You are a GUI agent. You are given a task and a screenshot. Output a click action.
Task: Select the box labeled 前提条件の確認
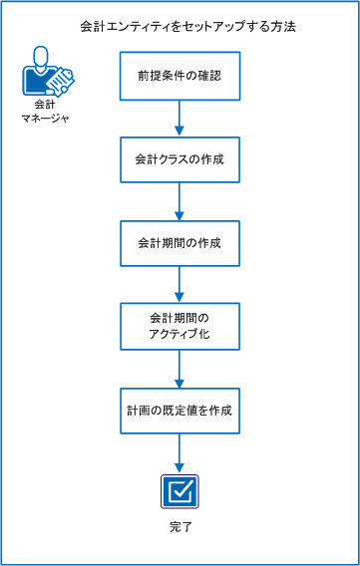[x=180, y=76]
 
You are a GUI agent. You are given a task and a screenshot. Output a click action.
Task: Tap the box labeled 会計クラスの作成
[x=180, y=158]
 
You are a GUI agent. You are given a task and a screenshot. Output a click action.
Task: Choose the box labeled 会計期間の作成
[x=180, y=242]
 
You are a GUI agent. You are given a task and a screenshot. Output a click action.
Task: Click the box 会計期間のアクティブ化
[x=180, y=326]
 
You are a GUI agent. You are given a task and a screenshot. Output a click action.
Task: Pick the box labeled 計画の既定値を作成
[x=180, y=410]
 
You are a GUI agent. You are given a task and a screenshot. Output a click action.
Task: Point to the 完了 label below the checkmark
[x=180, y=525]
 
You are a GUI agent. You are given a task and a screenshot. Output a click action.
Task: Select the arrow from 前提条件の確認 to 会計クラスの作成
[x=180, y=118]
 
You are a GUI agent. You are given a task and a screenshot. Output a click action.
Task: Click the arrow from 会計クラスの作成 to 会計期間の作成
[x=180, y=200]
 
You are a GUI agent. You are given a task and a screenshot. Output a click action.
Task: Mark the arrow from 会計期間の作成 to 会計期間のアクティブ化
[x=180, y=284]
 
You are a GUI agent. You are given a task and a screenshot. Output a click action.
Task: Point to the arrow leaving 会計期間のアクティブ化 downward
[x=180, y=368]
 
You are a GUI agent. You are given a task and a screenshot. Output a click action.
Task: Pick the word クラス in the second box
[x=172, y=158]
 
